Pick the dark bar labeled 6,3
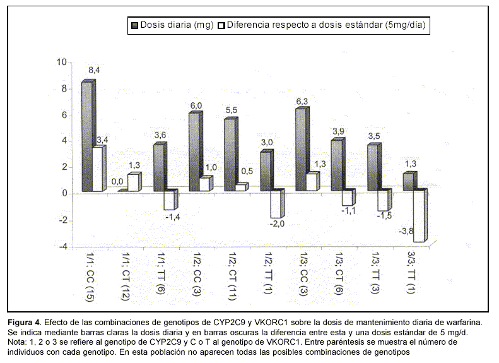[x=302, y=150]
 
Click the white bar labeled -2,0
[x=276, y=204]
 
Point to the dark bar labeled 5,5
[x=230, y=155]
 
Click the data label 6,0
[x=196, y=105]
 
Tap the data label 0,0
[x=118, y=182]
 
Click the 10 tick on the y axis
[x=61, y=62]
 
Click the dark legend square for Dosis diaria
[x=134, y=25]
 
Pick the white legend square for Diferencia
[x=221, y=25]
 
